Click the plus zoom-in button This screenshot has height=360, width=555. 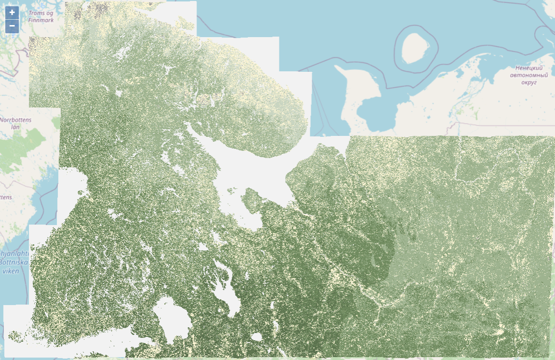[x=12, y=13]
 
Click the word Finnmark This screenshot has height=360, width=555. [x=40, y=20]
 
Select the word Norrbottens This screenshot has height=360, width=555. [x=15, y=120]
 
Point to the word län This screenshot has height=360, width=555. [x=15, y=127]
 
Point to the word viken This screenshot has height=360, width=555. [x=10, y=270]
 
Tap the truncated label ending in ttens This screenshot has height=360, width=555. [x=6, y=198]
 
